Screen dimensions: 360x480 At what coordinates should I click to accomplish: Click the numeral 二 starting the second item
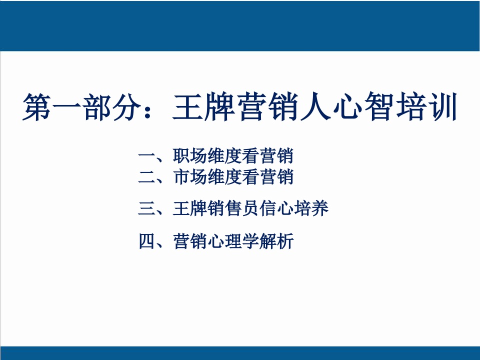(x=146, y=177)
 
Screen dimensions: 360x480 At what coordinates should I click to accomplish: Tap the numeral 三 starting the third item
(x=146, y=209)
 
